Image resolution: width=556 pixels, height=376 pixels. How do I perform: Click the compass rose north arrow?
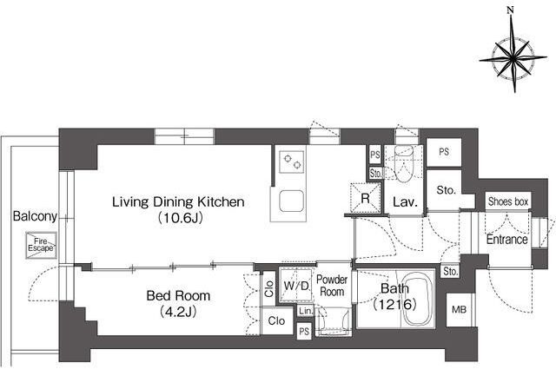513,36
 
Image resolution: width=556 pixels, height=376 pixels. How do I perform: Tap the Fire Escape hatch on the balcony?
41,245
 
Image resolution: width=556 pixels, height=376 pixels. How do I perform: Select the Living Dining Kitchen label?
178,202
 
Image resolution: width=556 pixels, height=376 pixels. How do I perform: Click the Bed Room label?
178,295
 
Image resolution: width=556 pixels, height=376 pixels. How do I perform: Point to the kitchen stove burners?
292,162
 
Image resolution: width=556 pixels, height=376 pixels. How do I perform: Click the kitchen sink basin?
292,201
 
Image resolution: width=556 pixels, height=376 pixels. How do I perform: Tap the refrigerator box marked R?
366,198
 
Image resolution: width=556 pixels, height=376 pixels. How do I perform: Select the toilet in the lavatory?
404,163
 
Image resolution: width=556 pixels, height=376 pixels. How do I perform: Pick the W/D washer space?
295,285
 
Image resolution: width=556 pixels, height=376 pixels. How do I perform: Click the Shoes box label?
508,201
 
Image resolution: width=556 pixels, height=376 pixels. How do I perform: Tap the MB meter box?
460,310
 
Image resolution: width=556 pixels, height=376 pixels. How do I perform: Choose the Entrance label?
506,240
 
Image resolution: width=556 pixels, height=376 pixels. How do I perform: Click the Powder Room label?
332,286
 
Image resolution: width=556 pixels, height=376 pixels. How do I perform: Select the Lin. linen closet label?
306,311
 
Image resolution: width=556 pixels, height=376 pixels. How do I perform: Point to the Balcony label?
35,216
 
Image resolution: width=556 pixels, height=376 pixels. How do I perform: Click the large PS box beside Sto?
444,152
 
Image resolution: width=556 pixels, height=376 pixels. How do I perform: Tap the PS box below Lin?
304,332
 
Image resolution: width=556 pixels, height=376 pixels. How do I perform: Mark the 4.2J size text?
178,312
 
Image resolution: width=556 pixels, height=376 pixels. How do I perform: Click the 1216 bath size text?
394,304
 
